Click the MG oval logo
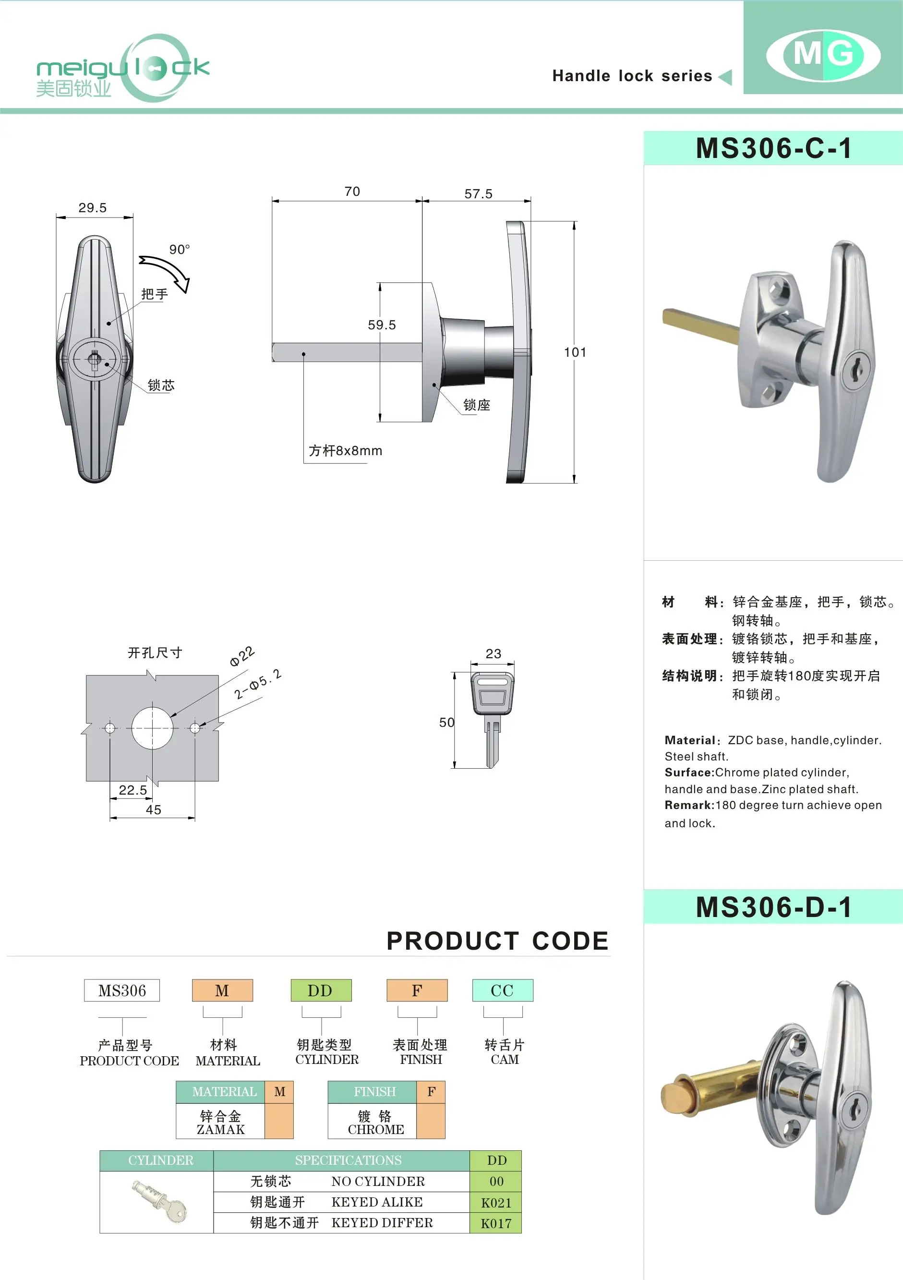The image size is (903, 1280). tap(823, 55)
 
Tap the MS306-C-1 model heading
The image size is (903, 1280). tap(774, 149)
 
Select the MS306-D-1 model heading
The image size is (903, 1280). tap(774, 907)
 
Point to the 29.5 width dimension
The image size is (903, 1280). tap(93, 208)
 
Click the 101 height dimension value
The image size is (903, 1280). tap(575, 352)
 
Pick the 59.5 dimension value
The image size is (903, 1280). tap(382, 325)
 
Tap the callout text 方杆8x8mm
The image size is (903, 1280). tap(346, 451)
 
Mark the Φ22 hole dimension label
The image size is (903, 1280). tap(242, 656)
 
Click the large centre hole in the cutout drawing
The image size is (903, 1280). tap(152, 728)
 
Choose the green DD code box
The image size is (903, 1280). tap(321, 990)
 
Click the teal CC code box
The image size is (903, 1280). tap(502, 990)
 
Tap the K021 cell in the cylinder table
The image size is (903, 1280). tap(495, 1203)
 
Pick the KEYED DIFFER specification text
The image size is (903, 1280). tap(382, 1222)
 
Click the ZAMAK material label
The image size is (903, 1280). tap(221, 1129)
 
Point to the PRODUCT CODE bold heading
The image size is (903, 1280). tap(497, 941)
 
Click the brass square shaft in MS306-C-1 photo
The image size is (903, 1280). tap(700, 326)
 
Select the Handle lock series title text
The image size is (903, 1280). tap(632, 76)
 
